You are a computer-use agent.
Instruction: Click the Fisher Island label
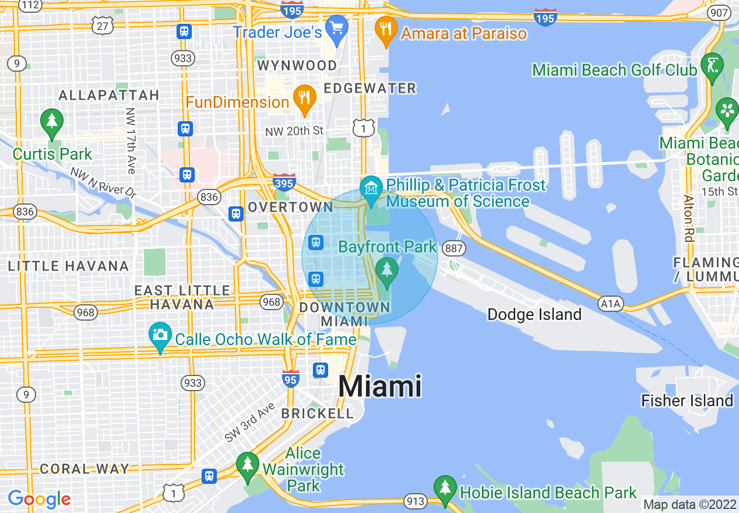pyautogui.click(x=687, y=401)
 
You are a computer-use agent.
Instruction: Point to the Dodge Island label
pyautogui.click(x=534, y=315)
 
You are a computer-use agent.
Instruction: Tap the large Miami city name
pyautogui.click(x=379, y=386)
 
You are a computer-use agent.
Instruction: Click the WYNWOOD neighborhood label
pyautogui.click(x=297, y=65)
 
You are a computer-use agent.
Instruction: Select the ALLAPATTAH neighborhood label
pyautogui.click(x=109, y=95)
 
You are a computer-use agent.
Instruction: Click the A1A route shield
pyautogui.click(x=611, y=303)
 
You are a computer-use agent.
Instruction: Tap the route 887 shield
pyautogui.click(x=453, y=249)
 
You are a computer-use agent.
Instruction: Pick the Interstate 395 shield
pyautogui.click(x=284, y=182)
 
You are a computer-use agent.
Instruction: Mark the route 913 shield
pyautogui.click(x=416, y=501)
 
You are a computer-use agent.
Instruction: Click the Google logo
pyautogui.click(x=39, y=500)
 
